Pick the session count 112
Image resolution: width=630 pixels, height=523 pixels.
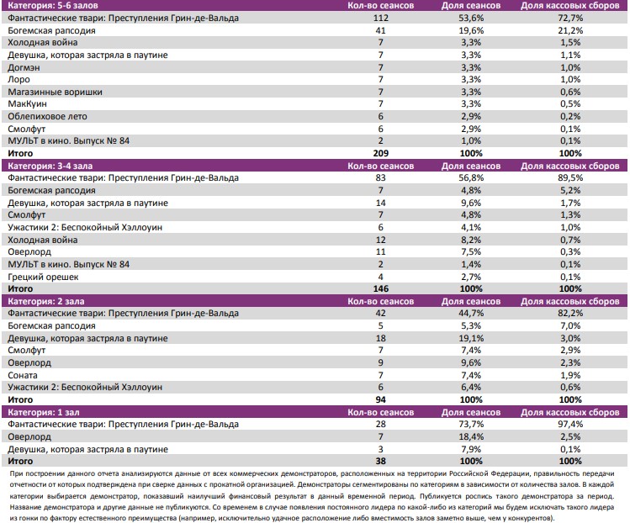[x=381, y=18]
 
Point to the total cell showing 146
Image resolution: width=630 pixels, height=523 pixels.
[x=381, y=288]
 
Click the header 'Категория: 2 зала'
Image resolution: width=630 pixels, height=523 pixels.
[x=43, y=300]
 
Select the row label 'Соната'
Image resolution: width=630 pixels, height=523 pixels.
[x=22, y=374]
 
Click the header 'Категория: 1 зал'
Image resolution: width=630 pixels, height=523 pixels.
[x=40, y=412]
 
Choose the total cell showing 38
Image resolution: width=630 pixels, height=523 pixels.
[x=381, y=462]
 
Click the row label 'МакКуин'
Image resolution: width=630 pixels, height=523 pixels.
[x=25, y=104]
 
